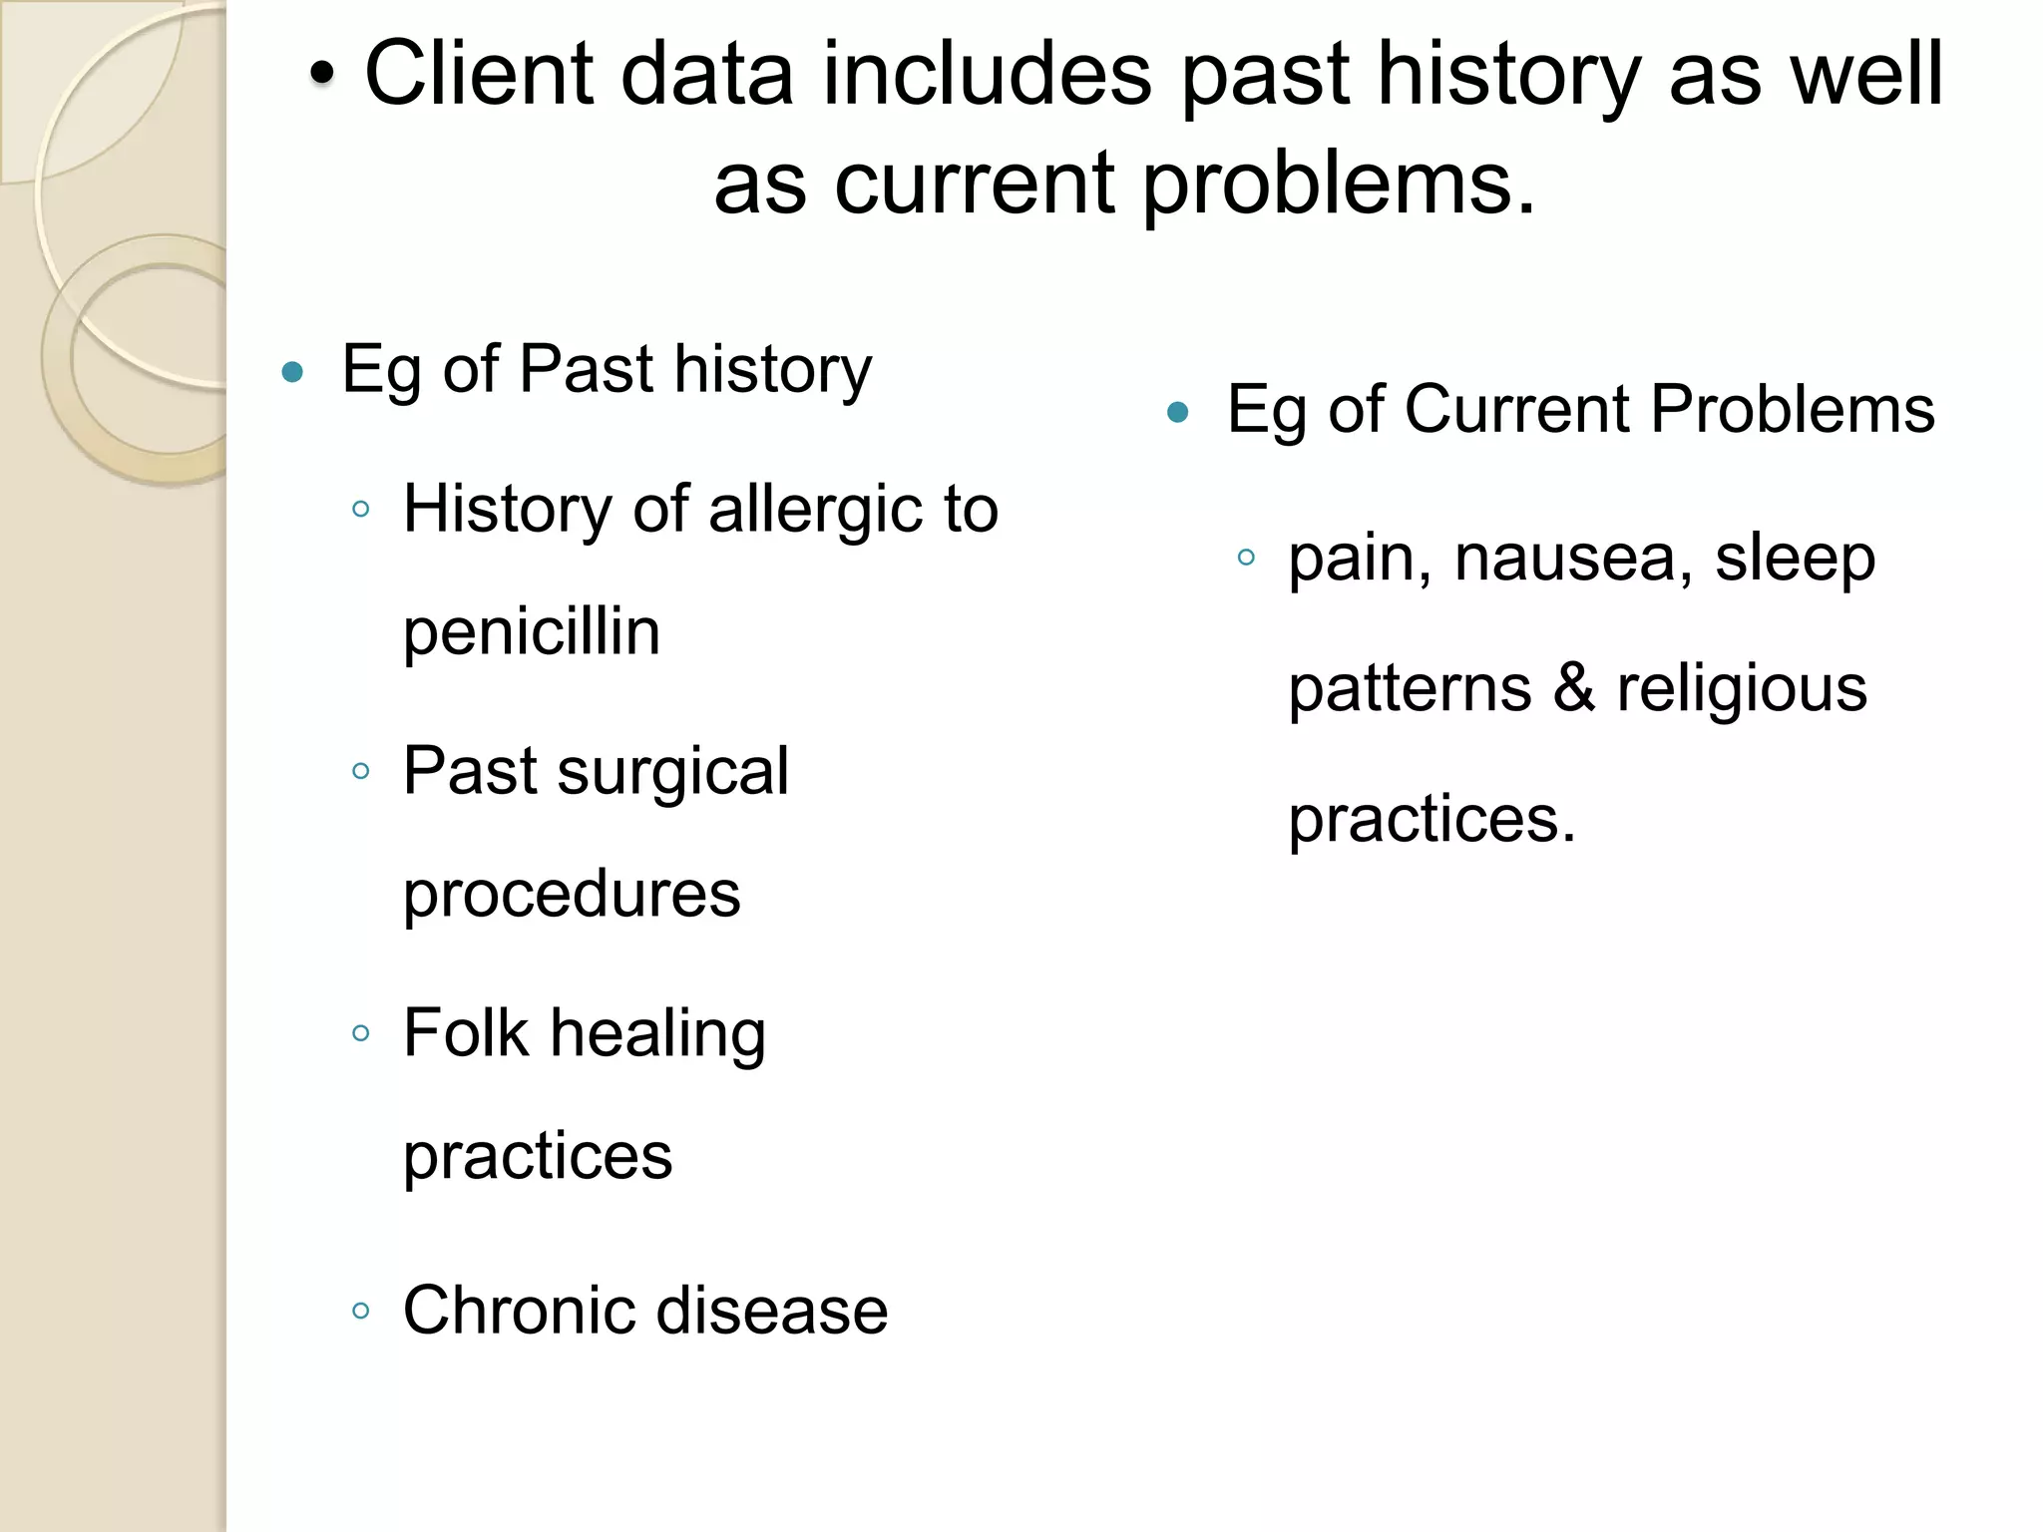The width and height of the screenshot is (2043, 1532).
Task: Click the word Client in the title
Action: click(478, 74)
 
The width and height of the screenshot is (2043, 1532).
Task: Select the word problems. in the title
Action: click(1339, 184)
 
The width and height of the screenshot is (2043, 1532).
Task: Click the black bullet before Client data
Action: click(320, 74)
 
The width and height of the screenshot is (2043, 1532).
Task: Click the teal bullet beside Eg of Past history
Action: click(292, 373)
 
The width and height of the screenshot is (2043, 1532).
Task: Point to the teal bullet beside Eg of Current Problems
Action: click(1178, 412)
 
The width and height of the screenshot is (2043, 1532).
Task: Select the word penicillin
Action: click(531, 631)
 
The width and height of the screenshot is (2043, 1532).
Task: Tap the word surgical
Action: click(672, 771)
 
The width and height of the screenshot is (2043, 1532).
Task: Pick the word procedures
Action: click(572, 894)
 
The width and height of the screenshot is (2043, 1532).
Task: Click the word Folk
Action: click(465, 1032)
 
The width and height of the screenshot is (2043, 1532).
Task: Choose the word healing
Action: click(658, 1034)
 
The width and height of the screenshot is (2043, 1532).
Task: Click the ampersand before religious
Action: click(1574, 688)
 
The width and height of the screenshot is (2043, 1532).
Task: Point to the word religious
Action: click(1742, 689)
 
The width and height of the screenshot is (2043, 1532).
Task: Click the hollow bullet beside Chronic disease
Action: click(361, 1311)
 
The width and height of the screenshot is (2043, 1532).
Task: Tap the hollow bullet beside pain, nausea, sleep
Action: click(1246, 558)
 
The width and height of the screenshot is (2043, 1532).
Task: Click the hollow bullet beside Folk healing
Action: click(361, 1033)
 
